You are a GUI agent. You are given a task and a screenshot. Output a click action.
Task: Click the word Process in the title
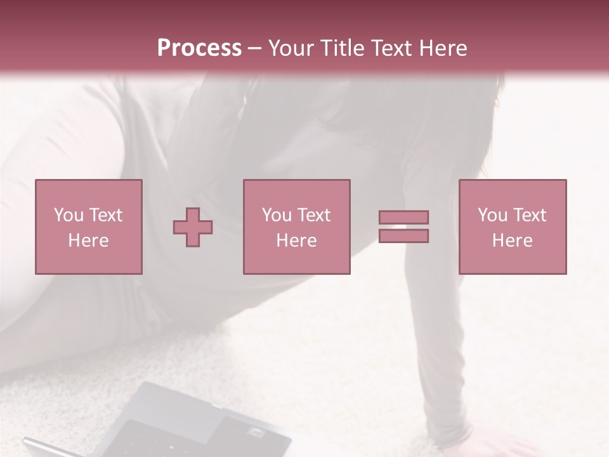(199, 48)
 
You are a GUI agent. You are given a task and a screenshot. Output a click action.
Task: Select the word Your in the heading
(292, 48)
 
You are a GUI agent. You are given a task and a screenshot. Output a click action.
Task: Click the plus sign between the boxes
(193, 227)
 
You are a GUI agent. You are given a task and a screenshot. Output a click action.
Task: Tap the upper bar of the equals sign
(403, 217)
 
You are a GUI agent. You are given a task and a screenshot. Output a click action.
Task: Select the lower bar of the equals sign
(403, 235)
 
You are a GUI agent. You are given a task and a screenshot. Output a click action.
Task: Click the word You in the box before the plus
(69, 215)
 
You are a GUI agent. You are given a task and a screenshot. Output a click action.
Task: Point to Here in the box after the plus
(296, 241)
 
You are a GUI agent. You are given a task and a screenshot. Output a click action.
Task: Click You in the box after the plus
(277, 215)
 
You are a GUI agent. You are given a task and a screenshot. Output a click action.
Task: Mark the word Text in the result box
(529, 215)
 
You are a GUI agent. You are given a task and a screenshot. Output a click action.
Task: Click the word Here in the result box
(512, 241)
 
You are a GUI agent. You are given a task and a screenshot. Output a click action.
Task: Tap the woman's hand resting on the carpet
(507, 447)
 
